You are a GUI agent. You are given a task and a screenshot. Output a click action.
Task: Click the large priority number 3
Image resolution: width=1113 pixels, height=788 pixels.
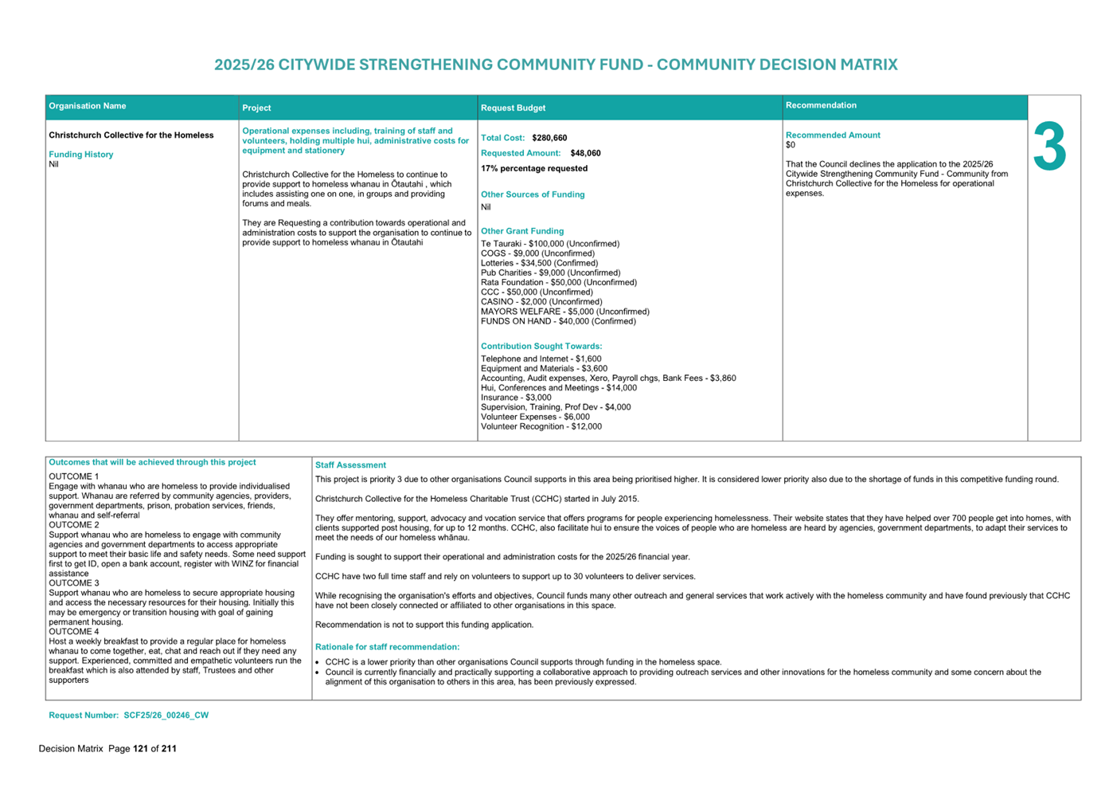click(1049, 147)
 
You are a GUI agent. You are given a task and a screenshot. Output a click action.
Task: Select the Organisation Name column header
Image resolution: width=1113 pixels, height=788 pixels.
click(88, 106)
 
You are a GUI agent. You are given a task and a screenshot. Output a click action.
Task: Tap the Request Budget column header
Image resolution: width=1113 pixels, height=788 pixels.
click(513, 108)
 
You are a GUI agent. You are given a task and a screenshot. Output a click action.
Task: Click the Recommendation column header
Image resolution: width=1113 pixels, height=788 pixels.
click(821, 105)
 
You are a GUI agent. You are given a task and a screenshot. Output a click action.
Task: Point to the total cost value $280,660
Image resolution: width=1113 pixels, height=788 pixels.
click(549, 138)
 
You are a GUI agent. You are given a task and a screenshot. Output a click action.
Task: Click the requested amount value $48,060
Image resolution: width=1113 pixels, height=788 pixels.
click(585, 153)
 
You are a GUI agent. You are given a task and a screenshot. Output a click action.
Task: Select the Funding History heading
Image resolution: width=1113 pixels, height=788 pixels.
click(80, 155)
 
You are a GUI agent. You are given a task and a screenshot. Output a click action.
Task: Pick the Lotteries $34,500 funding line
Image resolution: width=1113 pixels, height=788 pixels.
click(539, 263)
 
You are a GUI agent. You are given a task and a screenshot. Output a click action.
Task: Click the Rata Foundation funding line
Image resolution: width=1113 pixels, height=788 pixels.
click(558, 282)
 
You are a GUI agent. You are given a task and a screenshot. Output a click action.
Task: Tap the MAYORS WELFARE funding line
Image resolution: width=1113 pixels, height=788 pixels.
click(564, 312)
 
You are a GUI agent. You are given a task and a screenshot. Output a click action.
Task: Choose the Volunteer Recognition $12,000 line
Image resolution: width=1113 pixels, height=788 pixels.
click(541, 426)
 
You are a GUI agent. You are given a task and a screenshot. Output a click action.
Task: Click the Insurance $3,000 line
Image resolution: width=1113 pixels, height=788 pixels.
click(515, 398)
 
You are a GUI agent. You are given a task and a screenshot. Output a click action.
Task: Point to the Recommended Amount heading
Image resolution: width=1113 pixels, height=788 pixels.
click(832, 135)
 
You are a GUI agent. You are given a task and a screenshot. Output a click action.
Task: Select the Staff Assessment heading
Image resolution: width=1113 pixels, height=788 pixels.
click(350, 465)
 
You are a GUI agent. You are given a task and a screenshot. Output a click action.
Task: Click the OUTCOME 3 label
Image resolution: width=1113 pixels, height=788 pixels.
click(74, 583)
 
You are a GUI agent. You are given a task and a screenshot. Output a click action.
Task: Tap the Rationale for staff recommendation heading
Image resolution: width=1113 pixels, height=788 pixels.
click(387, 647)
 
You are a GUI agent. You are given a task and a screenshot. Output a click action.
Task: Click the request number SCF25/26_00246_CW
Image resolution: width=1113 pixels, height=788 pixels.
click(166, 715)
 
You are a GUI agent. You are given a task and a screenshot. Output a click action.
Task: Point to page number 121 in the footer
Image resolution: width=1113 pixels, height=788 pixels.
click(140, 749)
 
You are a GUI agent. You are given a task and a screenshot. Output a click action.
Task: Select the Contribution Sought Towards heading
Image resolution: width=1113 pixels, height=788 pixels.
click(541, 347)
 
